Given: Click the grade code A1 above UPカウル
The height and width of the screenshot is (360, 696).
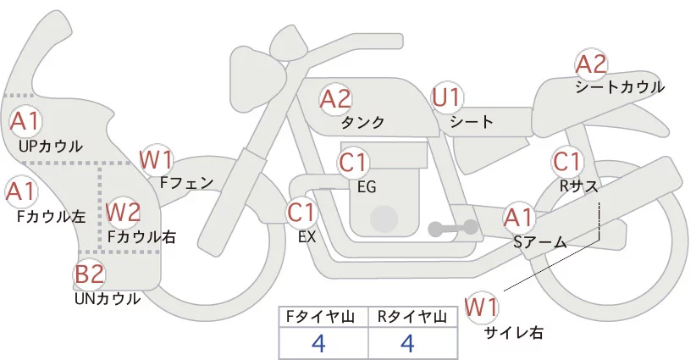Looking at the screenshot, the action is (x=25, y=120).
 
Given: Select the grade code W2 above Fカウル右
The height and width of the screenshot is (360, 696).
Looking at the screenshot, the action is (x=124, y=211).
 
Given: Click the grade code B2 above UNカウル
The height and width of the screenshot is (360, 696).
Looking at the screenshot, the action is (x=89, y=274).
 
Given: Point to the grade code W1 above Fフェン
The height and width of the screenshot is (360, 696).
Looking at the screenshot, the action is (x=156, y=158).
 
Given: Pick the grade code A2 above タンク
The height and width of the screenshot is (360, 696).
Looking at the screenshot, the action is (x=335, y=98).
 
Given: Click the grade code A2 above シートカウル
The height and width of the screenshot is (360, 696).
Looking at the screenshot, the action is (x=591, y=64).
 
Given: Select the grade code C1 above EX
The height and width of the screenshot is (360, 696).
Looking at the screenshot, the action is (x=301, y=211).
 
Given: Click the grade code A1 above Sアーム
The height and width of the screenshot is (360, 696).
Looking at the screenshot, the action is (x=518, y=217).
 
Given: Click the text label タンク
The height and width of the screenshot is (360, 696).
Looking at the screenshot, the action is (x=362, y=123).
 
